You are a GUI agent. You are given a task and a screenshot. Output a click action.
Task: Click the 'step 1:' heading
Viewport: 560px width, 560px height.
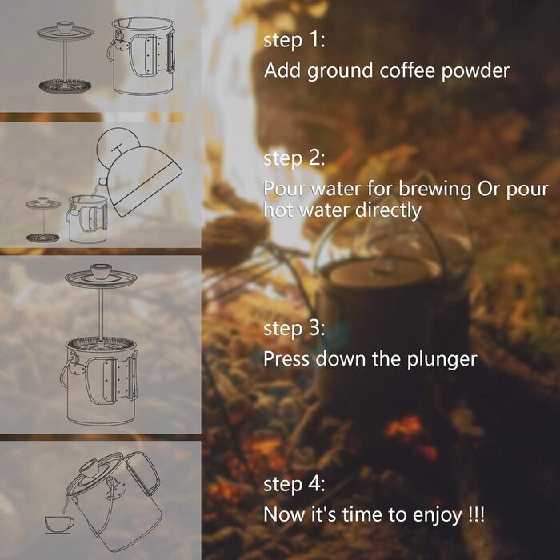(294, 40)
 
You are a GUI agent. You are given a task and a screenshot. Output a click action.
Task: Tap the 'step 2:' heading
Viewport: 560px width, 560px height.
(294, 159)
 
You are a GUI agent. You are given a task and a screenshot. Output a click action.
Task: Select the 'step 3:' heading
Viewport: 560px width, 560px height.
(294, 329)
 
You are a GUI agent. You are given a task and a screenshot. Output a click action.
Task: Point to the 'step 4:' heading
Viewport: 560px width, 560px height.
(294, 485)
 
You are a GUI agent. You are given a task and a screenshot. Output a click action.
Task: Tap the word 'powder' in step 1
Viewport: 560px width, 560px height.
(475, 70)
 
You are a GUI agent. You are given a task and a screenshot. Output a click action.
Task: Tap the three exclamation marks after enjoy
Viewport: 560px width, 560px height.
(477, 514)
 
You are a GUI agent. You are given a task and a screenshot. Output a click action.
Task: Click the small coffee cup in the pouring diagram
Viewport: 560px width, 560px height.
(59, 523)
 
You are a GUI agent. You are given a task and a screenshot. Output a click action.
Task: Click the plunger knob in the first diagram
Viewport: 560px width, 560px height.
(65, 26)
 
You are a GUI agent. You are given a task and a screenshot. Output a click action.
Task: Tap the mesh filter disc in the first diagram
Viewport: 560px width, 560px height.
(65, 86)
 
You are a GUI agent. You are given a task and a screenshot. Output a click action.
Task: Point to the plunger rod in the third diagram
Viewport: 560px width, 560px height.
(102, 314)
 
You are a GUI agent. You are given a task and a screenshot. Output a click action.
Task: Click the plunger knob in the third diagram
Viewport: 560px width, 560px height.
(101, 270)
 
